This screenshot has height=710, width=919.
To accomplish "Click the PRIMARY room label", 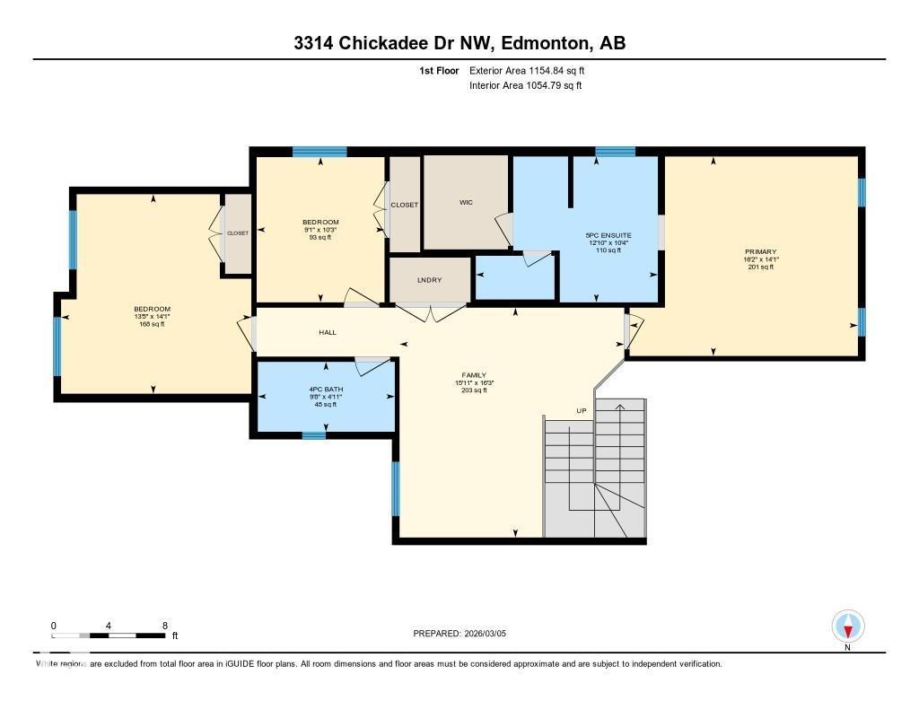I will coord(760,252).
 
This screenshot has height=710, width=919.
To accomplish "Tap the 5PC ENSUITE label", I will coord(615,235).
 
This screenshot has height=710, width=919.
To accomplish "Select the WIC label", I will coord(466,203).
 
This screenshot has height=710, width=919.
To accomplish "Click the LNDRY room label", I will coord(430,281).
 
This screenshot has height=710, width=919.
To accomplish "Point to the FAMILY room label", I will coord(475,375).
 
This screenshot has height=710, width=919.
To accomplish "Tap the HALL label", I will coord(328,333).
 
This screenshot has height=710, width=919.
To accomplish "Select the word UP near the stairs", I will coord(582,412).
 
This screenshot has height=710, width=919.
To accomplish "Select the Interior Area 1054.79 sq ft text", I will coord(526,86).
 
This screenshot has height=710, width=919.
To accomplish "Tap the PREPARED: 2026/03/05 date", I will coord(466,634).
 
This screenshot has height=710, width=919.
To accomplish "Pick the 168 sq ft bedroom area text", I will coord(152,324).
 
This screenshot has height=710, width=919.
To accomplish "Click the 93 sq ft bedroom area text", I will coord(320,237).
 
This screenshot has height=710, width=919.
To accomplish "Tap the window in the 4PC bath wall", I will coord(313,436).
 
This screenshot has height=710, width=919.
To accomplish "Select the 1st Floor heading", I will coord(439,70).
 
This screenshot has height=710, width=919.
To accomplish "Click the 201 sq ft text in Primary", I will coord(760,267).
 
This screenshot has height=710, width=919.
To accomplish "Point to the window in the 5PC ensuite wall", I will coord(615,152).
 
